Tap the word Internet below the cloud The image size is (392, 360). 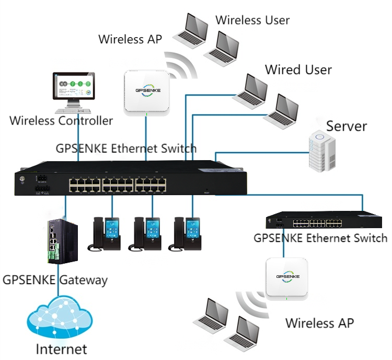point(61,348)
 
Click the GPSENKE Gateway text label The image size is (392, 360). point(55,279)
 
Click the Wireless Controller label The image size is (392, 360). point(61,121)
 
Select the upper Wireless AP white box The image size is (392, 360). point(147,91)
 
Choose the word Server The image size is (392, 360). point(347,126)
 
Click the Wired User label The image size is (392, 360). point(298,70)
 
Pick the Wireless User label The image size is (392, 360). point(252,20)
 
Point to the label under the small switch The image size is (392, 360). point(320,238)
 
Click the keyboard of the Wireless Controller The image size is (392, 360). point(74,111)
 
